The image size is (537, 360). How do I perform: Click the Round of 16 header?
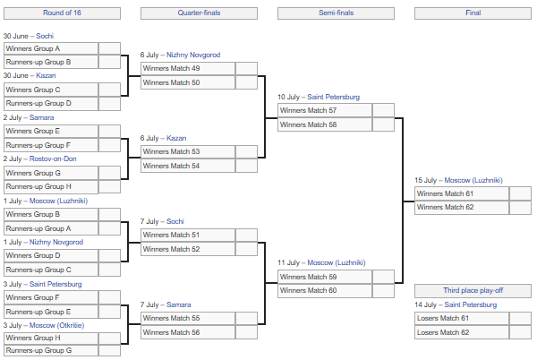point(62,13)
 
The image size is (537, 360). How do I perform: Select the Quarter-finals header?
point(199,13)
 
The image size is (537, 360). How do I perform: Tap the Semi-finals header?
point(336,13)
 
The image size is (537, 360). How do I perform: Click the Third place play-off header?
point(473,290)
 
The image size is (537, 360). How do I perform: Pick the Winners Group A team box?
point(51,48)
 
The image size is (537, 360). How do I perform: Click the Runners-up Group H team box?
point(51,186)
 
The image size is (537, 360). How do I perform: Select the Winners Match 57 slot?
point(325,110)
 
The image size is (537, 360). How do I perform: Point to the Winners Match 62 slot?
point(462,207)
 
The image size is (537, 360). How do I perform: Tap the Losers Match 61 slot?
point(462,318)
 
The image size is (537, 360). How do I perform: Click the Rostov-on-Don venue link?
point(53,159)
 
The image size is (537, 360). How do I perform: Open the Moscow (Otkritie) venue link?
point(57,325)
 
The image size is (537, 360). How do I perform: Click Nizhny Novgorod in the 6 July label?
point(193,55)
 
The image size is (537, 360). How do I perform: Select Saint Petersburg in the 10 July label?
point(334,97)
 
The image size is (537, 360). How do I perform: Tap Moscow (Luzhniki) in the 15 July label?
point(473,180)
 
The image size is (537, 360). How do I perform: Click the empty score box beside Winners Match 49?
point(247,68)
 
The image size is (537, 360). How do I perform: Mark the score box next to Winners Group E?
point(109,131)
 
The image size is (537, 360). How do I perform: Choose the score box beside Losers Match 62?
point(521,332)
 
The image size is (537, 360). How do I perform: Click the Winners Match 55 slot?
point(188,318)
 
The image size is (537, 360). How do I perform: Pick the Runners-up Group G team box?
point(51,350)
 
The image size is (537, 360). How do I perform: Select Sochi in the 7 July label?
point(175,221)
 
